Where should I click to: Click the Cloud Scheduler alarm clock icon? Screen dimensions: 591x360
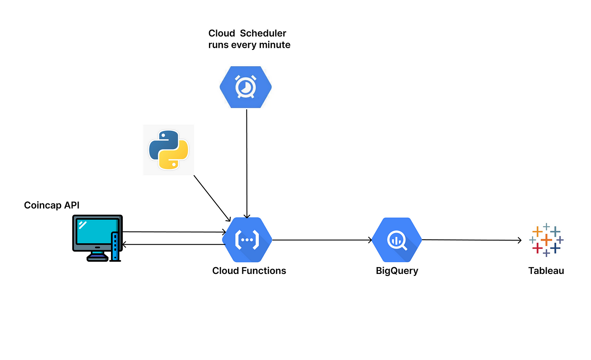click(x=246, y=87)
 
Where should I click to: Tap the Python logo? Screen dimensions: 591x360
click(x=168, y=150)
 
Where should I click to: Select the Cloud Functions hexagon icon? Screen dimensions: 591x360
click(x=247, y=240)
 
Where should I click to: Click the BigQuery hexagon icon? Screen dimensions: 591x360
click(x=397, y=240)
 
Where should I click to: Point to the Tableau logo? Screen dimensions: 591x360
click(x=546, y=240)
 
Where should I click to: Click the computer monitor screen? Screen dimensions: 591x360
click(x=96, y=232)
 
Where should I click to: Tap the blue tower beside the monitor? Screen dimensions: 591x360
click(x=115, y=246)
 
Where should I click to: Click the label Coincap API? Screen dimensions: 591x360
click(x=52, y=205)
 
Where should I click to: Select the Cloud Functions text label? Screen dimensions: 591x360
click(x=249, y=271)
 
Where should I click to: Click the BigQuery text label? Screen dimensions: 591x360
click(x=397, y=271)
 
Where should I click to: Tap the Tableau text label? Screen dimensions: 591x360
click(x=546, y=271)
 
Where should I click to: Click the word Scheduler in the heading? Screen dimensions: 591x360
click(x=263, y=33)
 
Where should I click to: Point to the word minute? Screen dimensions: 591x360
click(x=275, y=45)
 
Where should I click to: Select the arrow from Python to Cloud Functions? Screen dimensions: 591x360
click(x=212, y=198)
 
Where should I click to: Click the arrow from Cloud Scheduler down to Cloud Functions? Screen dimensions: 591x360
click(x=247, y=164)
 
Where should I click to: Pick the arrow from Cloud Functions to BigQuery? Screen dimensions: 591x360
click(x=322, y=240)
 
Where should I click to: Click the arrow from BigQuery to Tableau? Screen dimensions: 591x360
click(x=472, y=240)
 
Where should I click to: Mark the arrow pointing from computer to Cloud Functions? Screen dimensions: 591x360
click(x=174, y=232)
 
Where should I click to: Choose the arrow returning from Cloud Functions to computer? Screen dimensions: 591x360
click(x=174, y=244)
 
